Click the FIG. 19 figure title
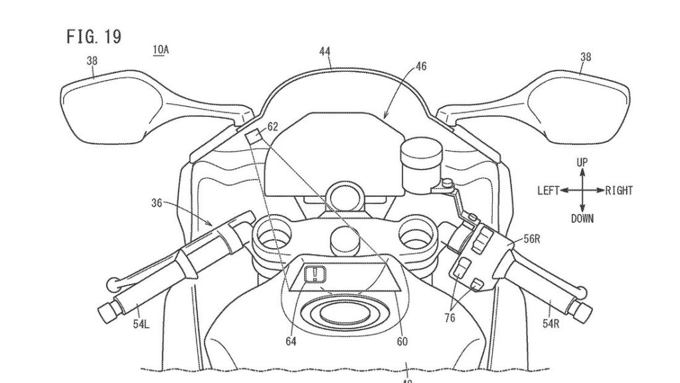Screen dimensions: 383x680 pyautogui.click(x=94, y=37)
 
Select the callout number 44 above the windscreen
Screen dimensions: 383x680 pyautogui.click(x=325, y=51)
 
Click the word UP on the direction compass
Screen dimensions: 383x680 pyautogui.click(x=582, y=162)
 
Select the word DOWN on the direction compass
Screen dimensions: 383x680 pyautogui.click(x=582, y=218)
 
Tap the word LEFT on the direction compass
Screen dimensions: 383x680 pyautogui.click(x=549, y=191)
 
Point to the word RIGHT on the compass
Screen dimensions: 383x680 pyautogui.click(x=618, y=191)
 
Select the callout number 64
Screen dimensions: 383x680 pyautogui.click(x=290, y=342)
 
